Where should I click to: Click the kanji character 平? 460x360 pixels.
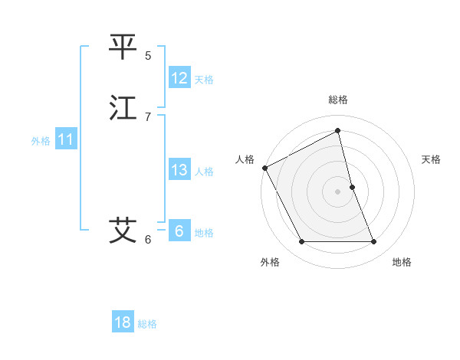123,47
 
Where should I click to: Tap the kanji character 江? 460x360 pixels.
123,108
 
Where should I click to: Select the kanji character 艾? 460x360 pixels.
123,230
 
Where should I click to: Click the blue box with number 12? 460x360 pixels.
179,78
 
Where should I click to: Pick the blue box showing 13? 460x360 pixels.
179,170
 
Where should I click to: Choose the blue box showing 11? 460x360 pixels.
66,139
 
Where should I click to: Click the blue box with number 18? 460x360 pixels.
123,322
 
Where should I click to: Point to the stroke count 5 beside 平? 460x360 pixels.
148,56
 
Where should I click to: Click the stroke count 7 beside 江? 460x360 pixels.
148,117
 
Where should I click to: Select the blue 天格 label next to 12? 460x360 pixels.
204,80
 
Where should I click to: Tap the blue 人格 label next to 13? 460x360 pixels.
204,172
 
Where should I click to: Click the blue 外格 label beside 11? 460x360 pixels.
41,141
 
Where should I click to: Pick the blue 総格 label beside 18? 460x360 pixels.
147,324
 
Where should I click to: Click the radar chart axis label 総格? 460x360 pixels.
338,100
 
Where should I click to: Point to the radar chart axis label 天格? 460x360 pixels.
432,159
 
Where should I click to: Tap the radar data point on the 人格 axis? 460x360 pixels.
264,168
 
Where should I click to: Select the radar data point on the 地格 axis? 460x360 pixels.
374,242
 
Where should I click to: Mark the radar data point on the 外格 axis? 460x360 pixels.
301,242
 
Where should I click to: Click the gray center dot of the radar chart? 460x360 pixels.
338,191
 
